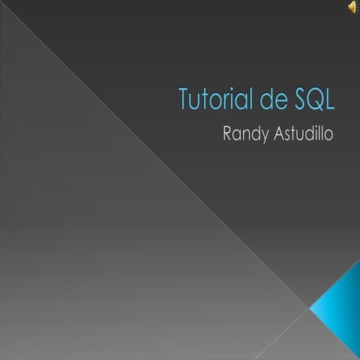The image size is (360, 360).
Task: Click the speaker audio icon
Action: (351, 7)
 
